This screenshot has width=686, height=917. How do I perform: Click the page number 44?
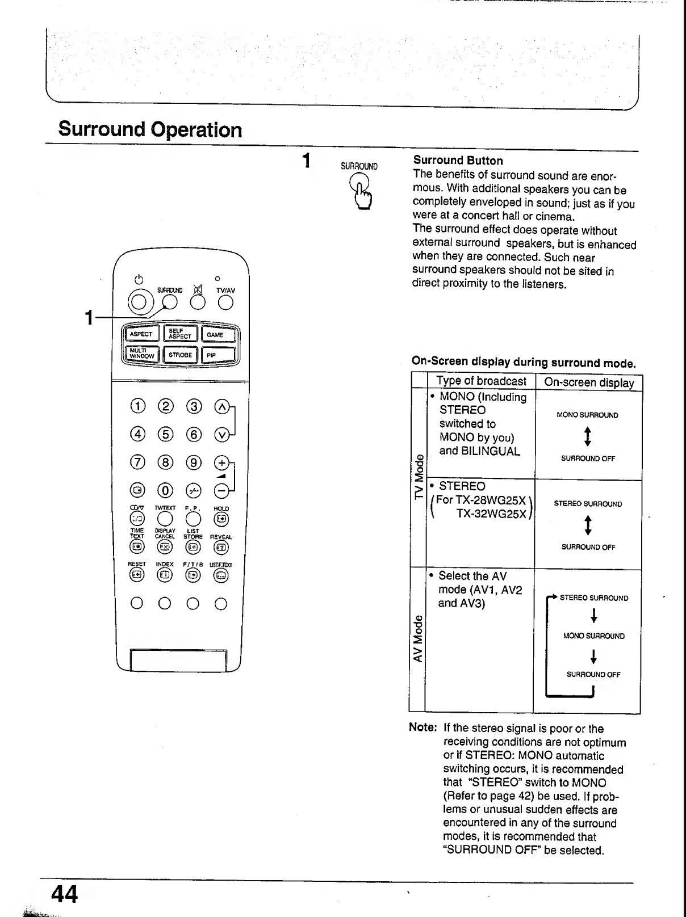click(x=64, y=894)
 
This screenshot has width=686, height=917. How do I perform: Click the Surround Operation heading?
click(x=150, y=129)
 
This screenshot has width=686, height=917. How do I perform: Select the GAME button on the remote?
click(x=219, y=335)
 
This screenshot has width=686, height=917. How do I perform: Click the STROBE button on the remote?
click(x=180, y=355)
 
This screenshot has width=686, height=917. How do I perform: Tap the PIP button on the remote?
click(x=219, y=355)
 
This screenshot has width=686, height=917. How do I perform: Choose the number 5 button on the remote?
click(x=165, y=435)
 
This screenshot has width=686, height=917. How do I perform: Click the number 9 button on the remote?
click(x=194, y=462)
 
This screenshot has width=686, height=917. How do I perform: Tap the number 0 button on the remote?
click(x=165, y=490)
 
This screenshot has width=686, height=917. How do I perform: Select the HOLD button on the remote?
click(x=221, y=519)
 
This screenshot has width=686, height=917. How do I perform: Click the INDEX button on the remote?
click(x=165, y=575)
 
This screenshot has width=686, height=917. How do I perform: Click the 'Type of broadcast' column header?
click(x=481, y=381)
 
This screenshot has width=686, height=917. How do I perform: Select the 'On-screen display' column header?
click(x=588, y=382)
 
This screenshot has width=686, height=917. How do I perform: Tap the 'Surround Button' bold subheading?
click(x=458, y=161)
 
